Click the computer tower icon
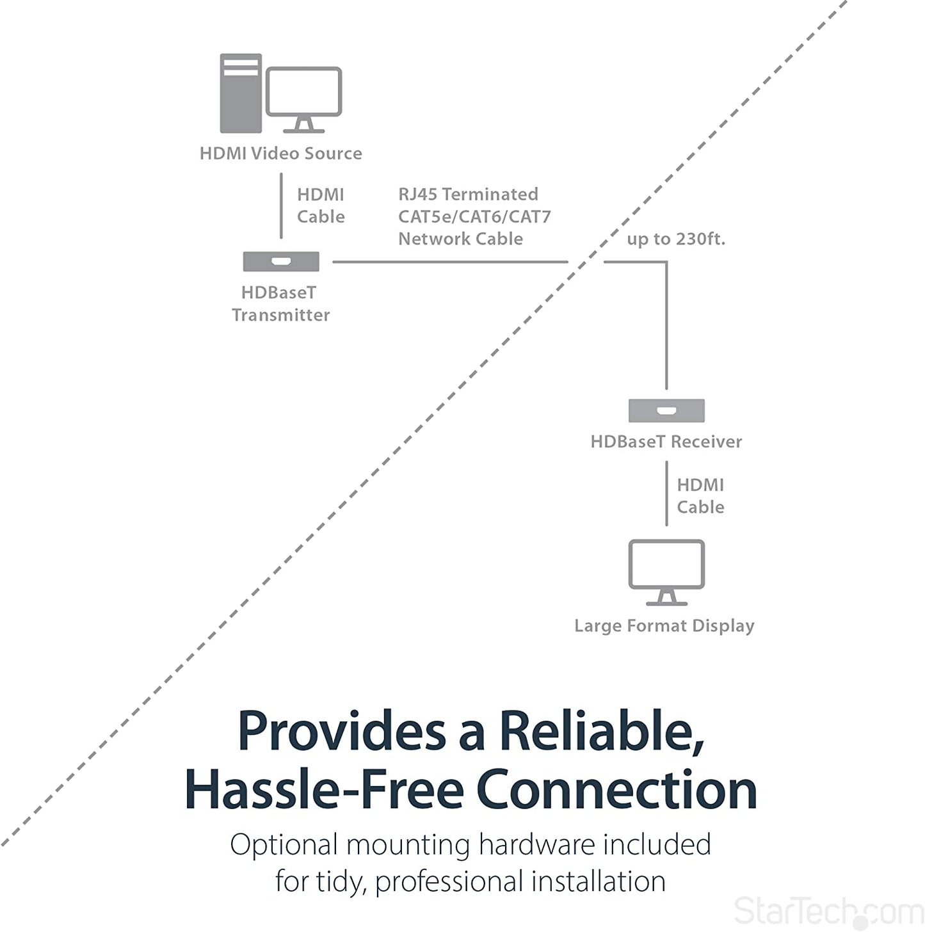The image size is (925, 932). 241,93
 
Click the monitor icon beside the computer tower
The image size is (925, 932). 304,100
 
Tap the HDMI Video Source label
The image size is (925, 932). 280,154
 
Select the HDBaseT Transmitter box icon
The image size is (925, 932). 280,262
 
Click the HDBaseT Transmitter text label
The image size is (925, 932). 280,304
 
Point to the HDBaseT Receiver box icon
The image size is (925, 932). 666,410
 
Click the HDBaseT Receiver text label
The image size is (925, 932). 666,442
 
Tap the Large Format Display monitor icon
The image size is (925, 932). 666,572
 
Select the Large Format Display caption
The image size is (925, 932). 664,626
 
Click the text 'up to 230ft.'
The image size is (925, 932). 676,239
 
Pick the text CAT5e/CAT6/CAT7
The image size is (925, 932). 474,216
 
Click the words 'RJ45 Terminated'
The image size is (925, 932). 468,195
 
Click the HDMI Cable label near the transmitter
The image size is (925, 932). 321,205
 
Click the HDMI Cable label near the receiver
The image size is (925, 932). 700,496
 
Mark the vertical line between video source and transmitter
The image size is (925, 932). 281,206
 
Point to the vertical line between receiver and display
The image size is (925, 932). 666,494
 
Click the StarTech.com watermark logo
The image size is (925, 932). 829,912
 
